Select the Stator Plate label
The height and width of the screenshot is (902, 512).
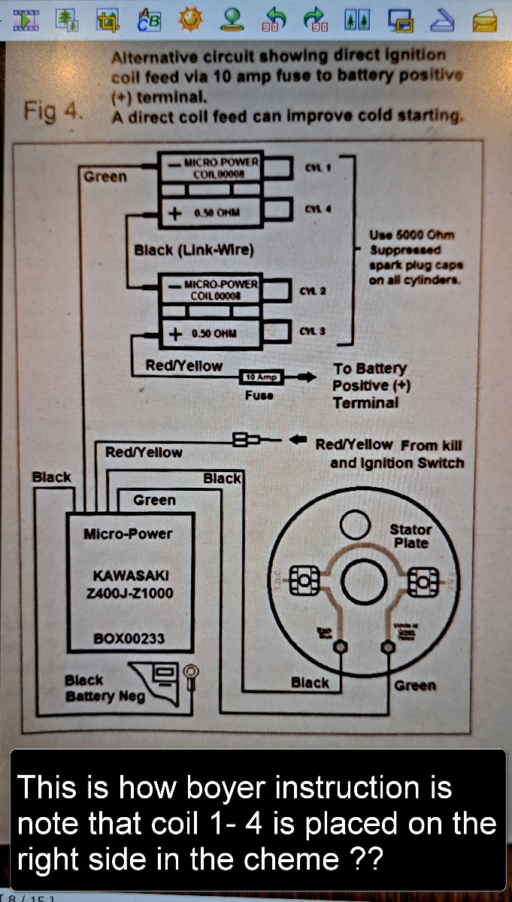coord(411,536)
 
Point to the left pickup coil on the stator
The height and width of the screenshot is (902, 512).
coord(304,581)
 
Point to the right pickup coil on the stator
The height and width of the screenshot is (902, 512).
coord(423,581)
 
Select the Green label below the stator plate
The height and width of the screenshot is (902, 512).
coord(415,685)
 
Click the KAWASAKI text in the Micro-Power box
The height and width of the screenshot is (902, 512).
coord(131,576)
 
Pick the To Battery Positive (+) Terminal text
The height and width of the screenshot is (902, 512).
coord(369,386)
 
